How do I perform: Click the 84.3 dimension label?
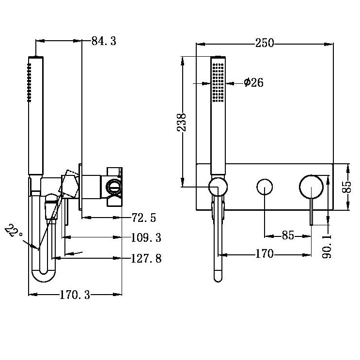click(104, 41)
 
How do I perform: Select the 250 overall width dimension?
click(265, 43)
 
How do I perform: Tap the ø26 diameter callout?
click(253, 83)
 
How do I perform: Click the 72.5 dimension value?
click(143, 218)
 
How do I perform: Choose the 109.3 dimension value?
click(146, 238)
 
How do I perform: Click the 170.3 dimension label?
click(75, 294)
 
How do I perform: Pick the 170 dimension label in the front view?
click(264, 253)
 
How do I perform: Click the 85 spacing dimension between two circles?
click(288, 235)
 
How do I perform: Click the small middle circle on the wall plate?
click(265, 187)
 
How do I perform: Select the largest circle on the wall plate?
click(311, 187)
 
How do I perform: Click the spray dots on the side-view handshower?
click(29, 82)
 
